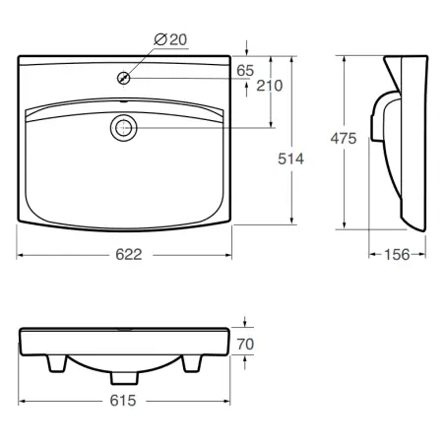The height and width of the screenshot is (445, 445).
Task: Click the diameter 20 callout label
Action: click(x=170, y=39)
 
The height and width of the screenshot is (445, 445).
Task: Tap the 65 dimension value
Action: click(x=245, y=71)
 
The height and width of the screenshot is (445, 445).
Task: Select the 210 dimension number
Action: click(x=270, y=86)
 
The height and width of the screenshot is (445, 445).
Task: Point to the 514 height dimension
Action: click(x=290, y=159)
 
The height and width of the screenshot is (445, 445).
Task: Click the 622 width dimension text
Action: click(x=129, y=255)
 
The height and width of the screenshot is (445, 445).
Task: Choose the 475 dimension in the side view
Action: click(x=344, y=138)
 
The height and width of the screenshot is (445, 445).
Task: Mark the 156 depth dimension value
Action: click(x=397, y=255)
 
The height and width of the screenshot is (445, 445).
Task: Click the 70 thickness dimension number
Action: click(x=245, y=345)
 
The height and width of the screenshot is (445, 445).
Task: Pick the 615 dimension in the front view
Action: click(x=123, y=401)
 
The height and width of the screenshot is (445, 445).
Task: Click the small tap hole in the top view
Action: click(x=124, y=78)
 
